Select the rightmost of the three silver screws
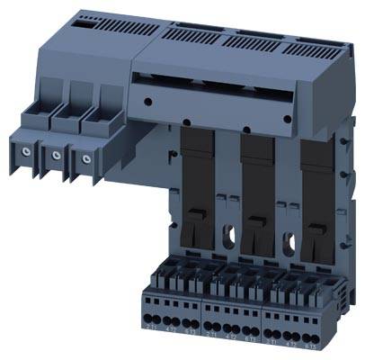click(x=86, y=159)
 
